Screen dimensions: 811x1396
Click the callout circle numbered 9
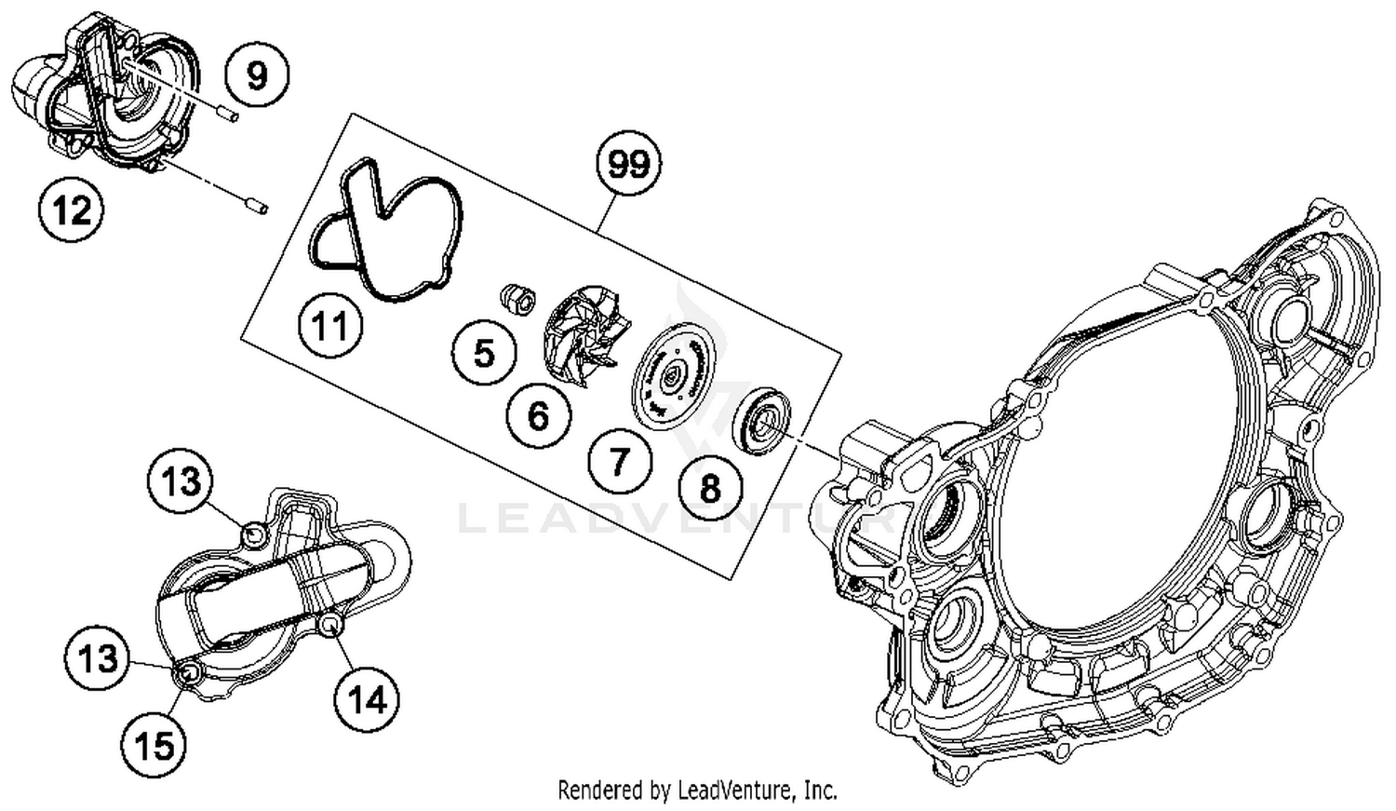(x=257, y=74)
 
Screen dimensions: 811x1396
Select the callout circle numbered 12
(x=72, y=210)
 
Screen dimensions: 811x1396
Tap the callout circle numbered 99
(x=628, y=165)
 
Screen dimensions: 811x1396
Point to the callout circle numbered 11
(x=330, y=327)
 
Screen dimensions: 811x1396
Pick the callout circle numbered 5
(x=484, y=354)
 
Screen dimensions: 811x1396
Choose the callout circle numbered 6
(x=538, y=416)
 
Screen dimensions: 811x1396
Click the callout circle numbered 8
(x=710, y=487)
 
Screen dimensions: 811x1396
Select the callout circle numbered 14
(x=368, y=699)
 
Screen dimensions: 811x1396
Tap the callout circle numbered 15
(x=154, y=745)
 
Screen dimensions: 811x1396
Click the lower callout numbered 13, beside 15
(x=98, y=658)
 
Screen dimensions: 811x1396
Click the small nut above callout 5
(x=517, y=299)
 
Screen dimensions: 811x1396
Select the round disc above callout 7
(x=670, y=376)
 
